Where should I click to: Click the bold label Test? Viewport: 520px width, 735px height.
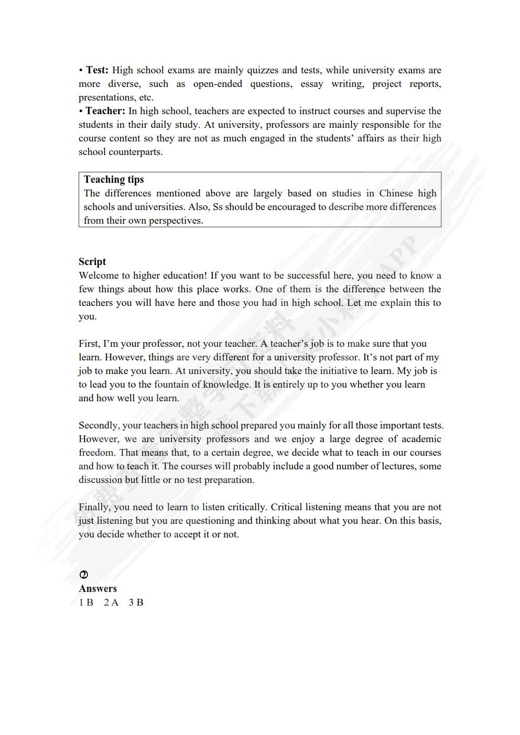[97, 70]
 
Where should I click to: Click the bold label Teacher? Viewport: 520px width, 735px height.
[105, 111]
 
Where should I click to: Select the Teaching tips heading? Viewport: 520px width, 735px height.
[114, 180]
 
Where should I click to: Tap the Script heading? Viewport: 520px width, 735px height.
[92, 262]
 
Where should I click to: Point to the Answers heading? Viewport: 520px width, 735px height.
[98, 589]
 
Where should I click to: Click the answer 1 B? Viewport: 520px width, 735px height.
[86, 602]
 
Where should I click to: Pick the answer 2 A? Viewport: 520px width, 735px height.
[111, 602]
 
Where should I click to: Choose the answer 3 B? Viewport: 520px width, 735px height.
[136, 602]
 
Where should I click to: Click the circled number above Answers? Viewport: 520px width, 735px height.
[83, 575]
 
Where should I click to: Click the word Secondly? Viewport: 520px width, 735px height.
[99, 425]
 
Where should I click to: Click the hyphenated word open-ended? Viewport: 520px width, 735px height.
[218, 84]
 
